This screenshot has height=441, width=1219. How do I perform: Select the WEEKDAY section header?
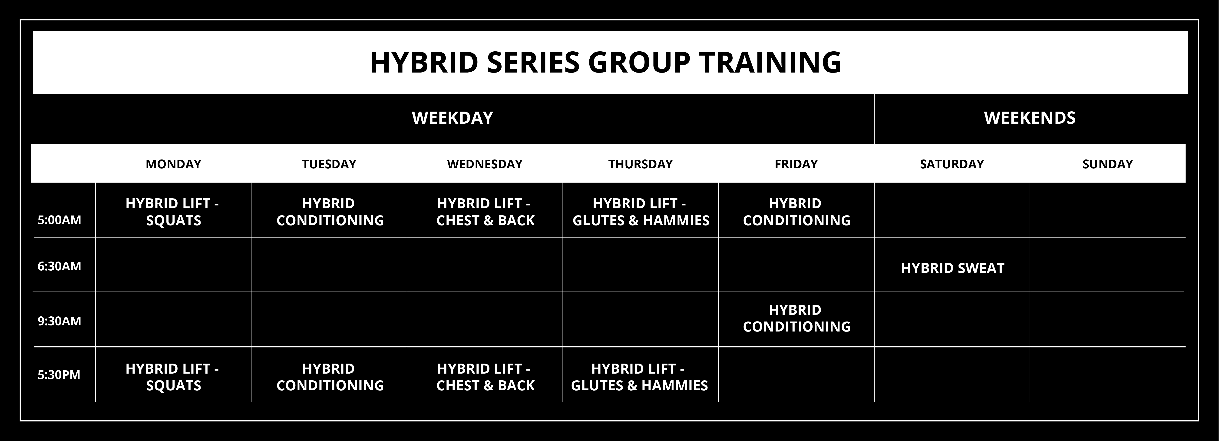(453, 118)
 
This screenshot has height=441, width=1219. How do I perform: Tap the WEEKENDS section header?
(1030, 118)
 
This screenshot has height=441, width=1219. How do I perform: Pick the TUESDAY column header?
(329, 164)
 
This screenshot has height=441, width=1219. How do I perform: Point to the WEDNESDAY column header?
(485, 164)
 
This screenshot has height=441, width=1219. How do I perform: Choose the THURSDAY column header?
(640, 164)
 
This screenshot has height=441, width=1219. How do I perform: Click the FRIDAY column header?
(796, 164)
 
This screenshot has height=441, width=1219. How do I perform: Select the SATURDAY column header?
(952, 164)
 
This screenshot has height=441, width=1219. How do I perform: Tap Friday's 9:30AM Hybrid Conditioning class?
(796, 318)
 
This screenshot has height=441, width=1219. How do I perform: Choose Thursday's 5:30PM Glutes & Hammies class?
(639, 377)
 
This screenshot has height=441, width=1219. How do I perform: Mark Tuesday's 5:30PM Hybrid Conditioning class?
(330, 377)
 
